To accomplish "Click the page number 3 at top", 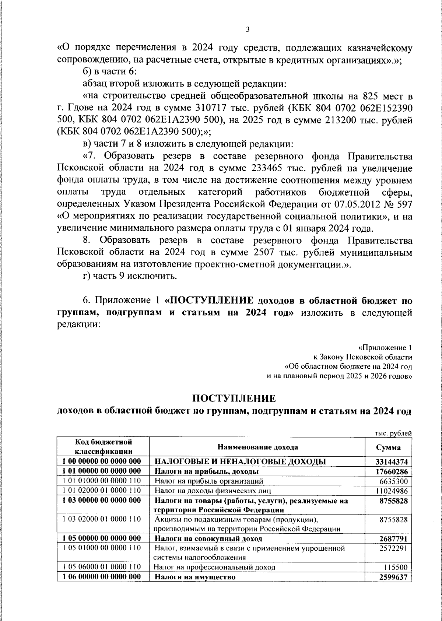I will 248,29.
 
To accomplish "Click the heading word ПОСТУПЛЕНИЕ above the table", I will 234,399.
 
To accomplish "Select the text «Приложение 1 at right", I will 385,347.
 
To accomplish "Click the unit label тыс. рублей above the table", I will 393,433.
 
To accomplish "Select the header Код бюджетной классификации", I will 104,446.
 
